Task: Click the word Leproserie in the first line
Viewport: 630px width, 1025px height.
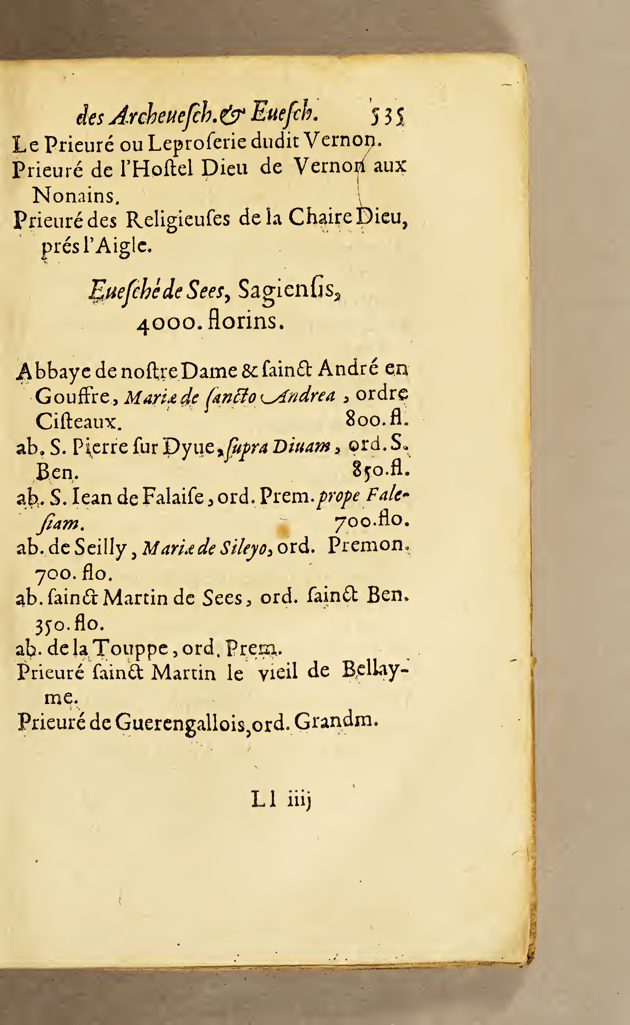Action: click(199, 144)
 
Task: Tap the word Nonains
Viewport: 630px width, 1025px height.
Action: click(76, 195)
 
